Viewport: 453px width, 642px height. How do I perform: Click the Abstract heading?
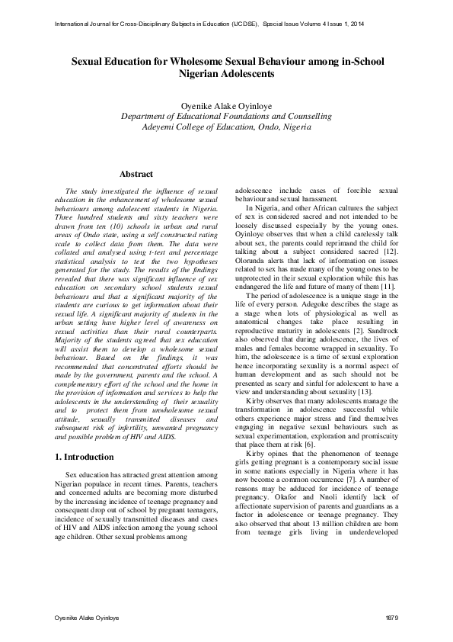click(x=136, y=174)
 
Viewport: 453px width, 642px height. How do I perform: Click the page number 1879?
click(x=393, y=615)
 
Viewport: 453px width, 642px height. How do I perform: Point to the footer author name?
click(x=85, y=615)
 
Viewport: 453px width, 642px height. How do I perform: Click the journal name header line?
click(x=210, y=25)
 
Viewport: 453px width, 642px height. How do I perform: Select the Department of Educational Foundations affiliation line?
click(x=226, y=116)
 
